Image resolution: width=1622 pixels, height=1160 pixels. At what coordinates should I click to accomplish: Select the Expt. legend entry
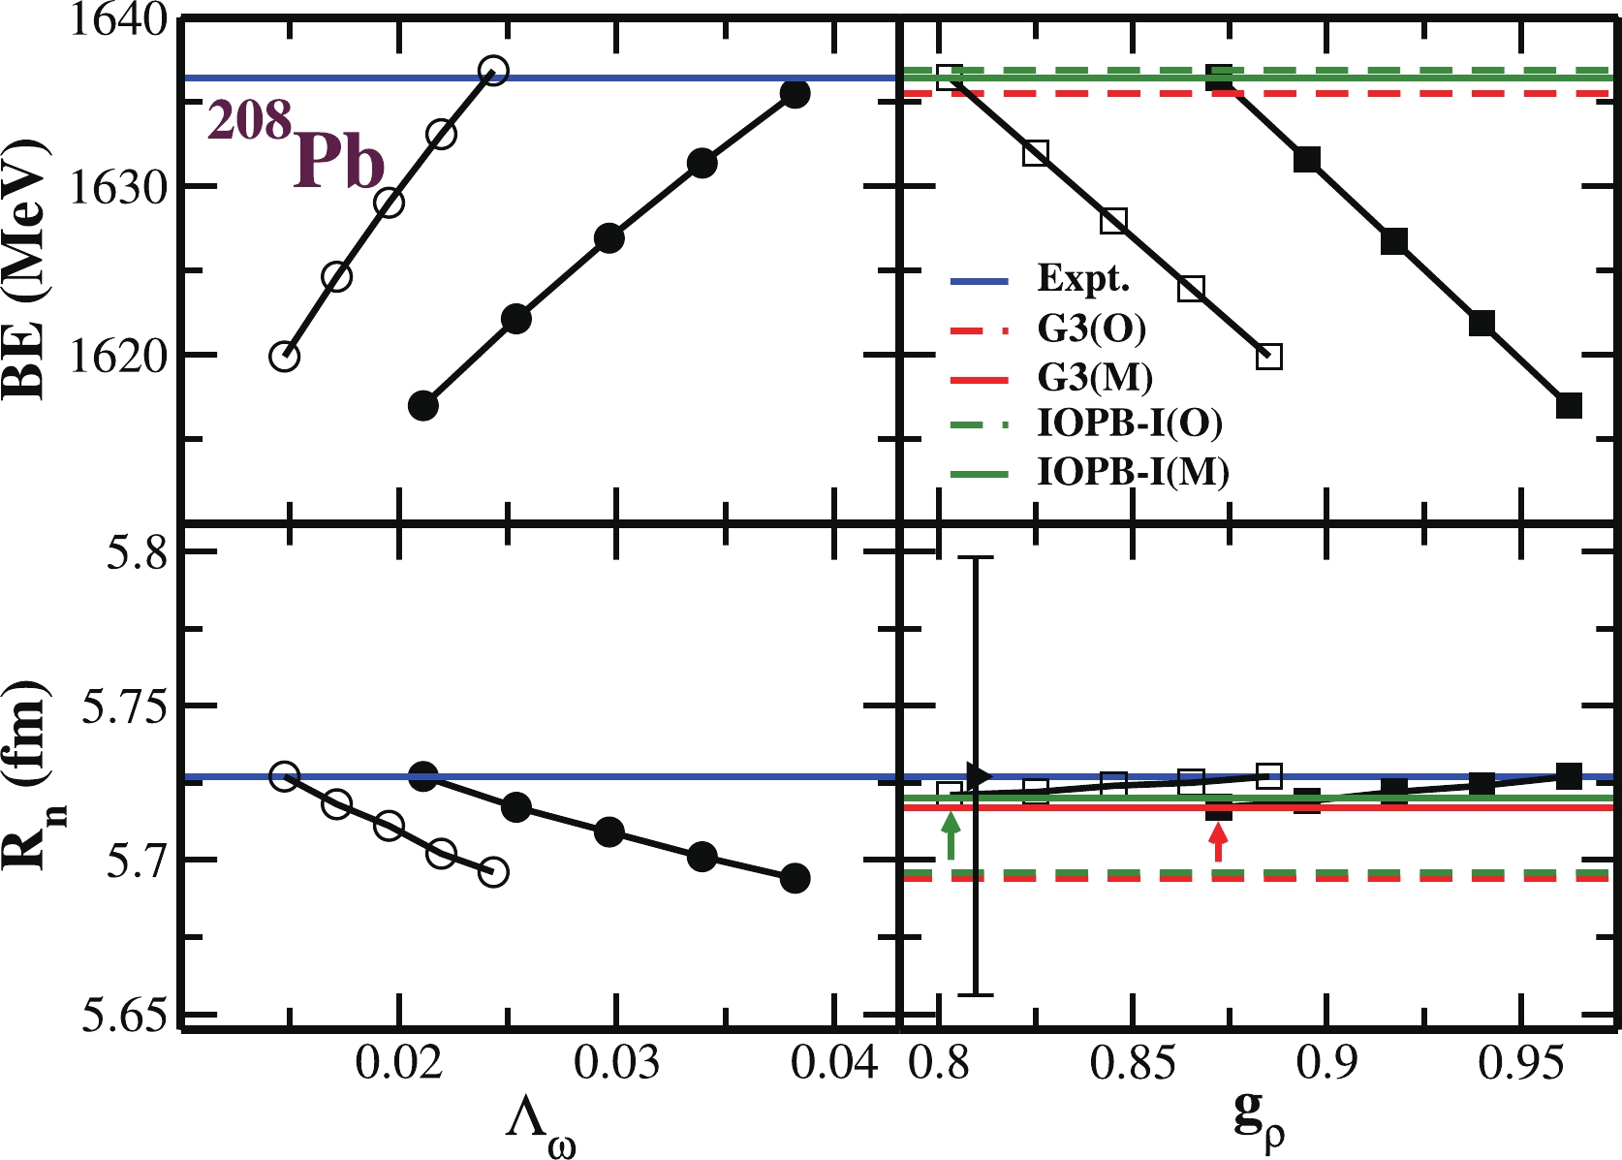[x=1083, y=279]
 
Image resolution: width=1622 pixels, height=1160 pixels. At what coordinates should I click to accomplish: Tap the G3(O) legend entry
[x=1091, y=329]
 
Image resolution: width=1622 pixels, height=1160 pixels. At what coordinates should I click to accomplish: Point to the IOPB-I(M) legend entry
[x=1133, y=472]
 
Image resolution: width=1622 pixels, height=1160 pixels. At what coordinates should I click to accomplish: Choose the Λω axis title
[x=540, y=1128]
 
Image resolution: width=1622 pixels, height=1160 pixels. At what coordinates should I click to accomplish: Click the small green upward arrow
[x=951, y=836]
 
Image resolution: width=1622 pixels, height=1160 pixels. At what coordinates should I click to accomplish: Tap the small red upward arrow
[x=1219, y=846]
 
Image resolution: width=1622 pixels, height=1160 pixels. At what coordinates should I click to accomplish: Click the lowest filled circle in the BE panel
[x=423, y=406]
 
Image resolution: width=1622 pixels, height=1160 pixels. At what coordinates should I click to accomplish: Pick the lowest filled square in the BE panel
[x=1569, y=406]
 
